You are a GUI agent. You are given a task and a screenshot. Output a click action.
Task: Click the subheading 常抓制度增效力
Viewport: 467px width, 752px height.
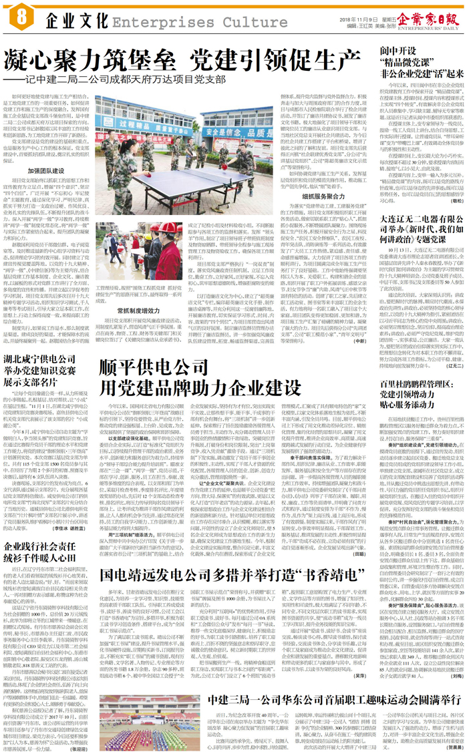click(132, 329)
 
